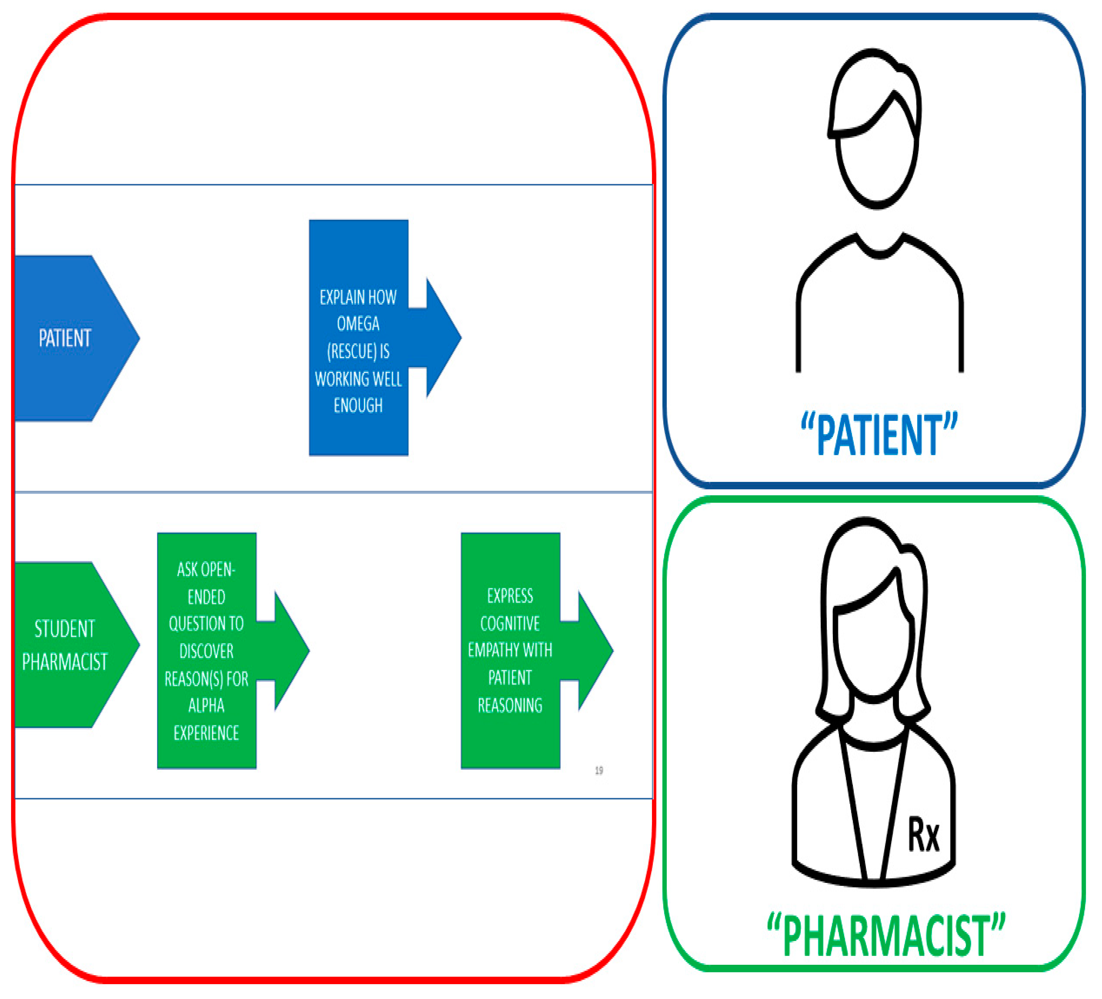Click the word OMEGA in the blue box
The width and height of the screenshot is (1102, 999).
(x=358, y=323)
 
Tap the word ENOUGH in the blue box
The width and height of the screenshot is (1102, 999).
(x=358, y=405)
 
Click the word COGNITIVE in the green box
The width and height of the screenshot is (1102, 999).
(x=509, y=623)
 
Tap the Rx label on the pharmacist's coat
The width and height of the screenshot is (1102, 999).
(x=923, y=835)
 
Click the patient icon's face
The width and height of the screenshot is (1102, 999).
(x=877, y=164)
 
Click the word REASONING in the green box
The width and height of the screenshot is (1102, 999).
(x=509, y=705)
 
